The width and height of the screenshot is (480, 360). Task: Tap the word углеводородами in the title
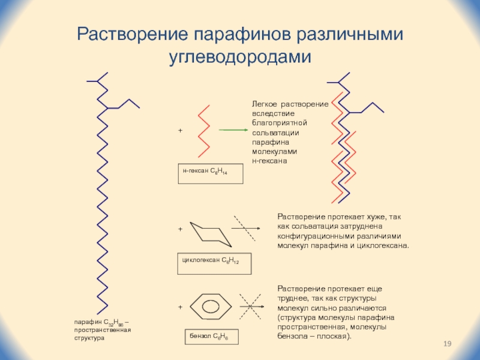click(239, 58)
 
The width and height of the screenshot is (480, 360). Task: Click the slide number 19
click(446, 343)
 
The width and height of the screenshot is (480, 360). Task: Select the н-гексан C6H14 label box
click(210, 173)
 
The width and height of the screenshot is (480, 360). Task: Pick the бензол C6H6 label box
click(211, 337)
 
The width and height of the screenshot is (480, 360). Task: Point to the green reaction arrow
click(234, 130)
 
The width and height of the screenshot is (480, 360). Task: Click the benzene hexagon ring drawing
click(211, 306)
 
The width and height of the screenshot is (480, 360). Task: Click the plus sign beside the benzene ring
click(179, 307)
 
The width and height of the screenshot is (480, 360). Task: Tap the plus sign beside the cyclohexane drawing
click(179, 229)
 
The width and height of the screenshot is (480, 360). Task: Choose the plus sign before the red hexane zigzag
click(179, 130)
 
